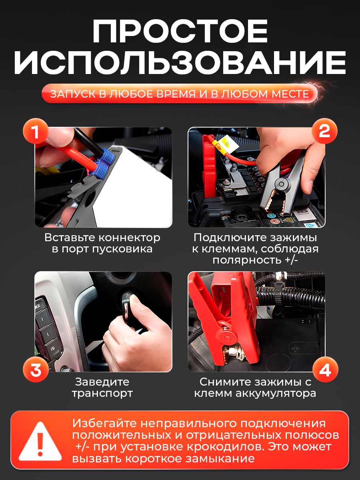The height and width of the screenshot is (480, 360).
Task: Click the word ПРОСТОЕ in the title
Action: point(180,31)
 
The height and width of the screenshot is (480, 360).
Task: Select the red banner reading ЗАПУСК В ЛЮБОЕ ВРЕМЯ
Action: point(179,94)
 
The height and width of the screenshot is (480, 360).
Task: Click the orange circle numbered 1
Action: point(36,131)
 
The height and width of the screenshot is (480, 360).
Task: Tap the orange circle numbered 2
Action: point(324,131)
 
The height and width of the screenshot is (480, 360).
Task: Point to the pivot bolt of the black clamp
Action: point(281,184)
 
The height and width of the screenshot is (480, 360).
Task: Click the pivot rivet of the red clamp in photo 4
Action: point(227,338)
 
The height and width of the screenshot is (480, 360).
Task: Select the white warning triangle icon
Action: point(40,442)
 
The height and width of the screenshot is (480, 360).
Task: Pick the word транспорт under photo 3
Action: point(102,394)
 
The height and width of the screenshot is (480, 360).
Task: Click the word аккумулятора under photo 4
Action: point(276,394)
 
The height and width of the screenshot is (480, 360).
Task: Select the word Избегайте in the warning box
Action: point(104,424)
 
